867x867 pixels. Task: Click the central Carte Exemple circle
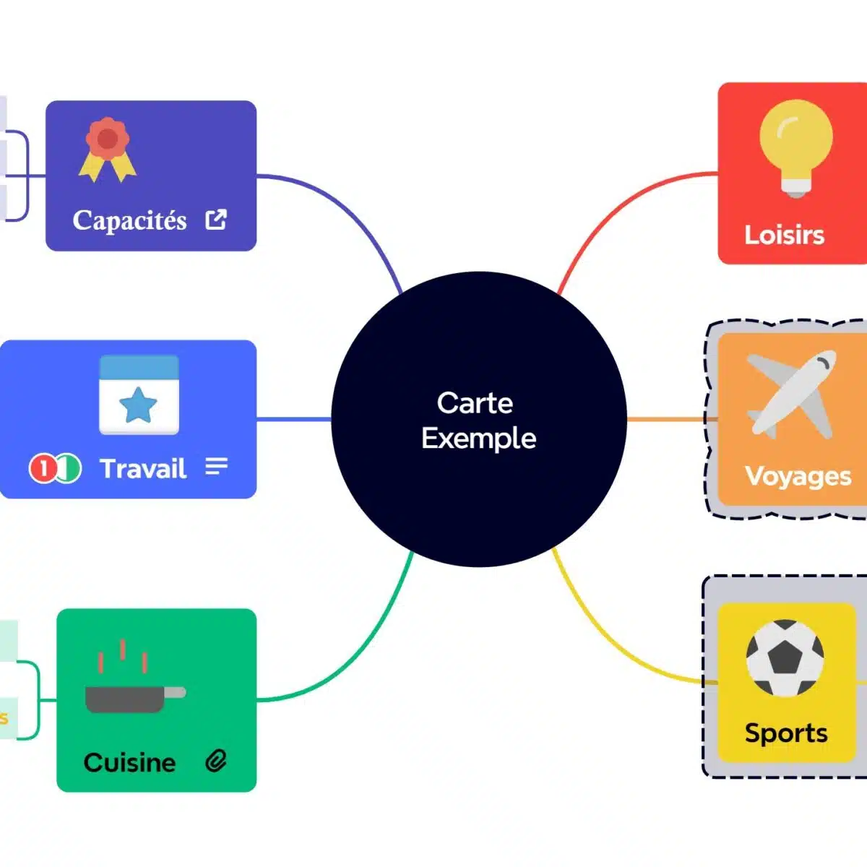point(478,419)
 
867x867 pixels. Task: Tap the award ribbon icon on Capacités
point(107,149)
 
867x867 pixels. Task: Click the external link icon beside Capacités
point(216,219)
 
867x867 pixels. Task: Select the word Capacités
point(129,220)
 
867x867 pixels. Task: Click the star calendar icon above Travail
point(139,394)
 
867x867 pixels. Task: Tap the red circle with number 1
point(43,469)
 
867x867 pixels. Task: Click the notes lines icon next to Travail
point(216,467)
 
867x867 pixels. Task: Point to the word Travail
point(143,469)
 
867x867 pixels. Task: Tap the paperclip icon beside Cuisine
point(216,761)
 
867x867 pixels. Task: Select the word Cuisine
point(129,762)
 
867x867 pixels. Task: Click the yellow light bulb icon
point(795,147)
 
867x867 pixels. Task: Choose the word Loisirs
point(784,235)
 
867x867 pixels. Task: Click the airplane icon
point(791,394)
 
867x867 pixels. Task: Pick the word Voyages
point(798,476)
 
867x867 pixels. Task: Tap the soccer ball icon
point(785,657)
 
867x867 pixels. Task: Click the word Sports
point(786,733)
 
